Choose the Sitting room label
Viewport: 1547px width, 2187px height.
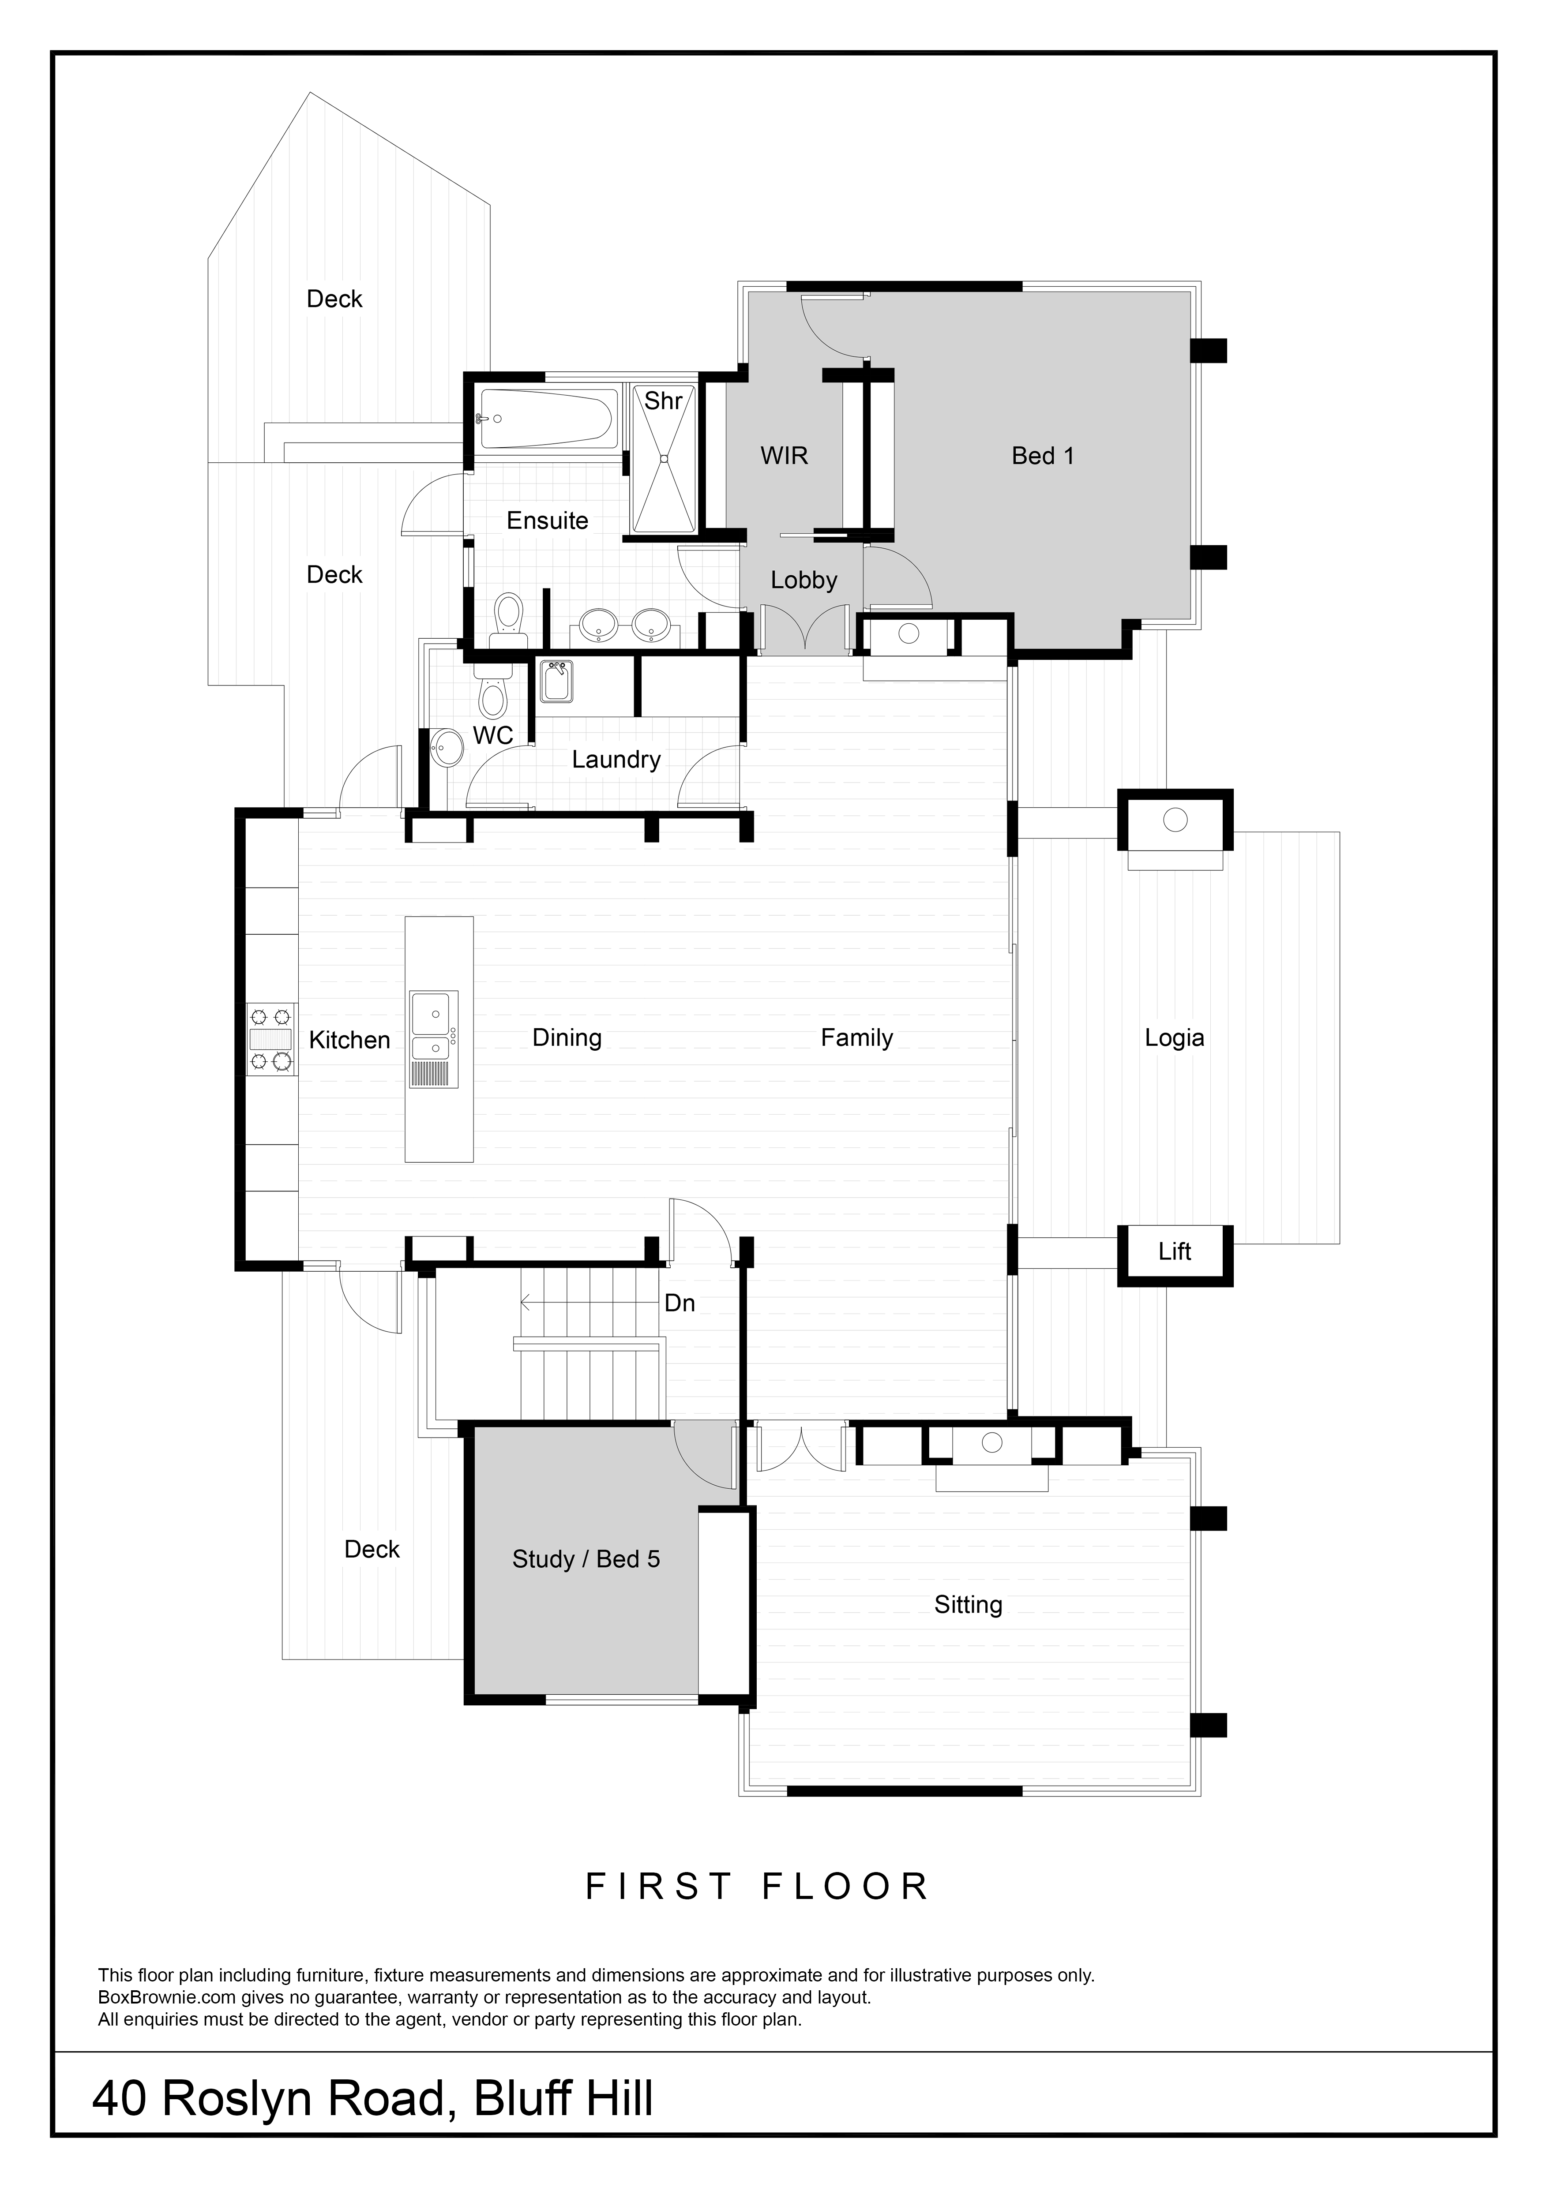click(x=968, y=1605)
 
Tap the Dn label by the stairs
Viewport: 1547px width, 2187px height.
click(x=679, y=1303)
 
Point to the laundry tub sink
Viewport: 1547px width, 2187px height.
click(x=556, y=681)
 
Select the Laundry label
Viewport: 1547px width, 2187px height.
click(x=616, y=759)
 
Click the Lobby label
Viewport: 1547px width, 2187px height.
click(x=803, y=580)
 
